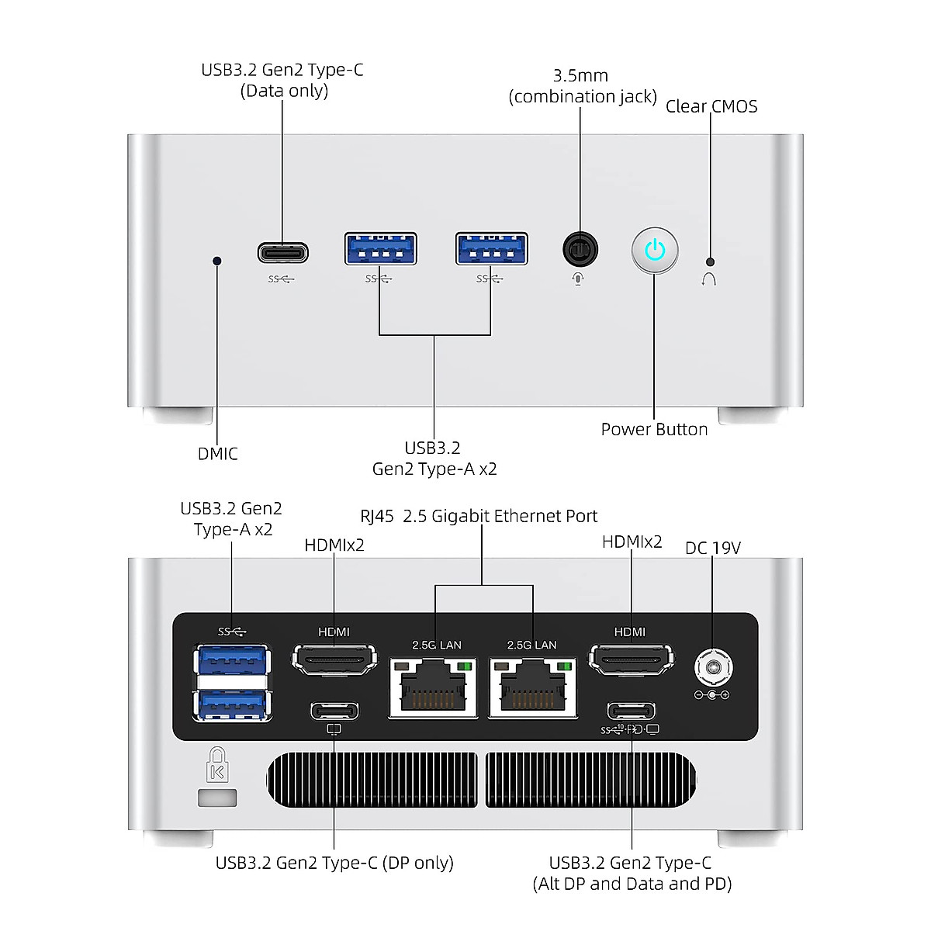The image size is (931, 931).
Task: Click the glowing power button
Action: pos(655,250)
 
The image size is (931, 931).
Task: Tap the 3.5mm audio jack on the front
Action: pos(580,250)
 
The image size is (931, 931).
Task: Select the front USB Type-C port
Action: pos(283,253)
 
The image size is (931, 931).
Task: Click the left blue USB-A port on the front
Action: pos(380,249)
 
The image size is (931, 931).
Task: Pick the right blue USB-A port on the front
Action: pos(492,249)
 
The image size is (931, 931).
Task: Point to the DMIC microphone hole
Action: pos(217,261)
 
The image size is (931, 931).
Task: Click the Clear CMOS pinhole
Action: pos(710,262)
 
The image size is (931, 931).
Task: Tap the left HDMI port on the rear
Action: pos(334,660)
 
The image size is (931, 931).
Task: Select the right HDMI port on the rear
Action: pos(631,660)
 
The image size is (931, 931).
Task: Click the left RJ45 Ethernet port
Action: pos(433,687)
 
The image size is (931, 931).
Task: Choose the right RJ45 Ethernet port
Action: pos(533,687)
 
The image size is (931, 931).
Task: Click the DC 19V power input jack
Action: pos(712,666)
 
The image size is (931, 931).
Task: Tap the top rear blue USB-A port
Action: pos(232,660)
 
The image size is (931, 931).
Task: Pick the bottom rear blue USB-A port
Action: pos(232,704)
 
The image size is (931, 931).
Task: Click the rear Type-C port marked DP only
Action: pos(334,711)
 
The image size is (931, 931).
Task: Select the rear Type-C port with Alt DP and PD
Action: pos(631,711)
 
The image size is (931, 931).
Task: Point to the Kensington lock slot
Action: pos(217,798)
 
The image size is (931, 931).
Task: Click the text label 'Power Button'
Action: pos(654,429)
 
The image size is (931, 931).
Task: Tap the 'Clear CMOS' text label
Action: pos(711,106)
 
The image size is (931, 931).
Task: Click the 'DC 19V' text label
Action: pos(712,548)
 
